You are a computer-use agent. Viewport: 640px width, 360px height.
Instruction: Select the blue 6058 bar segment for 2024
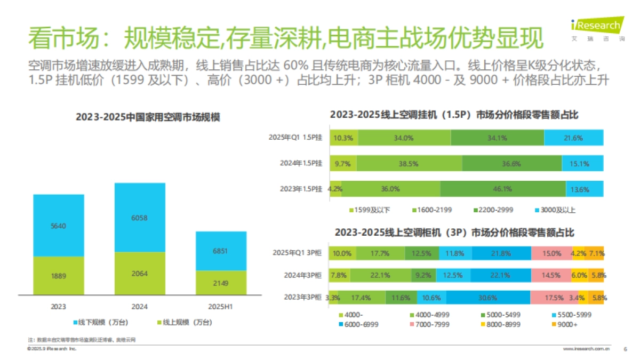coord(140,218)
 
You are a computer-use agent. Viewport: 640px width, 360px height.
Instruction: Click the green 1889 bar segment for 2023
coord(59,275)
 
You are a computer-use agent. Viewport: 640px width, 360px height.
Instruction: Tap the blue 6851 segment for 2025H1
coord(221,251)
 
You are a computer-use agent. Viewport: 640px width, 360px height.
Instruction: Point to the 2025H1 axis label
coord(221,307)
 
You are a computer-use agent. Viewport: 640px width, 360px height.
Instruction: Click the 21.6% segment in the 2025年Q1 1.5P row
coord(574,138)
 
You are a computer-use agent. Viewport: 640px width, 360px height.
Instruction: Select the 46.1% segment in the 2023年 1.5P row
coord(503,189)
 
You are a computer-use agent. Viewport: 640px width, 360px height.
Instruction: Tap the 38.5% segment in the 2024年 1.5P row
coord(410,164)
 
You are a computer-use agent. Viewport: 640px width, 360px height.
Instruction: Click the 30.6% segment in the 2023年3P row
coord(488,298)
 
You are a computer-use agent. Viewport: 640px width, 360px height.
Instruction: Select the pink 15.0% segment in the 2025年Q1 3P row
coord(551,253)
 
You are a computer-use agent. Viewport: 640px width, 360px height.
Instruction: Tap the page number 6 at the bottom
coord(625,349)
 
